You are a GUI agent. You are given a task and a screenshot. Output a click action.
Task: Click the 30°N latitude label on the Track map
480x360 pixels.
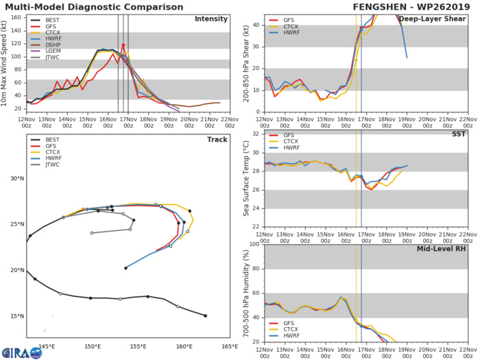(x=16, y=179)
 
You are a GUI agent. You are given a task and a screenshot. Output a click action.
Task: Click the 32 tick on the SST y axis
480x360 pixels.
(x=255, y=133)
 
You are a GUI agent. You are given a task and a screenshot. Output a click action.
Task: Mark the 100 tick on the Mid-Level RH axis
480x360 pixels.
(x=253, y=244)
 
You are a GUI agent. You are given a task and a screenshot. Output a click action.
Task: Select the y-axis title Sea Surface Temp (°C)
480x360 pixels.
(x=245, y=180)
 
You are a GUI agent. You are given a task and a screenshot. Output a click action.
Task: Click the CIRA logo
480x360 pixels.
(x=19, y=350)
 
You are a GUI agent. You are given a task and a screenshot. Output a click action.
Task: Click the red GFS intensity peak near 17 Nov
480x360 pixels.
(x=123, y=45)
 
